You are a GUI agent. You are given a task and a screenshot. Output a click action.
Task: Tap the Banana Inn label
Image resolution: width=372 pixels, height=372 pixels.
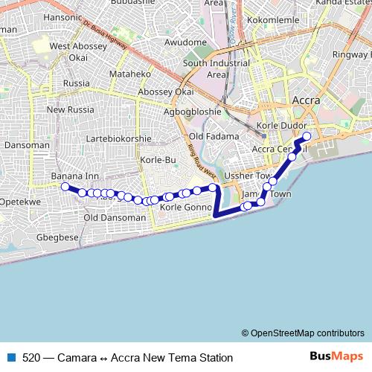74,176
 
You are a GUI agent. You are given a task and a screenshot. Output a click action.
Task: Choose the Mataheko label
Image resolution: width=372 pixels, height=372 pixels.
130,74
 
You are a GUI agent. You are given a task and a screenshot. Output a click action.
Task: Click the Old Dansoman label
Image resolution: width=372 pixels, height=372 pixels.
115,218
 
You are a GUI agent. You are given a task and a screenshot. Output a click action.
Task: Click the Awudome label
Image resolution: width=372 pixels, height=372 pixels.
185,42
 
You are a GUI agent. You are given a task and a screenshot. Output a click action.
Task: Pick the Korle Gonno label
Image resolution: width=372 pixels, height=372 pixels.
187,208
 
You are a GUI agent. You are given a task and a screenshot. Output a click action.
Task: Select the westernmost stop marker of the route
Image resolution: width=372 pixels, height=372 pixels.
65,187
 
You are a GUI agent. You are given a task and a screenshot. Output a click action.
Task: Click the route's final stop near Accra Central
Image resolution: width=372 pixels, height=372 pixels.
306,136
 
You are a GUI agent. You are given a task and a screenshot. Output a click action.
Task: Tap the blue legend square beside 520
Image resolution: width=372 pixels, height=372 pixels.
11,357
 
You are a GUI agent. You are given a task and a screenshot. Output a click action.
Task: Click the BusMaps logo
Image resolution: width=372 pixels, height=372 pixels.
336,356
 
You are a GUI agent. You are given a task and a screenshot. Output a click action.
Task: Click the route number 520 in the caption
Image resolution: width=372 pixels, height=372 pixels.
31,357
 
